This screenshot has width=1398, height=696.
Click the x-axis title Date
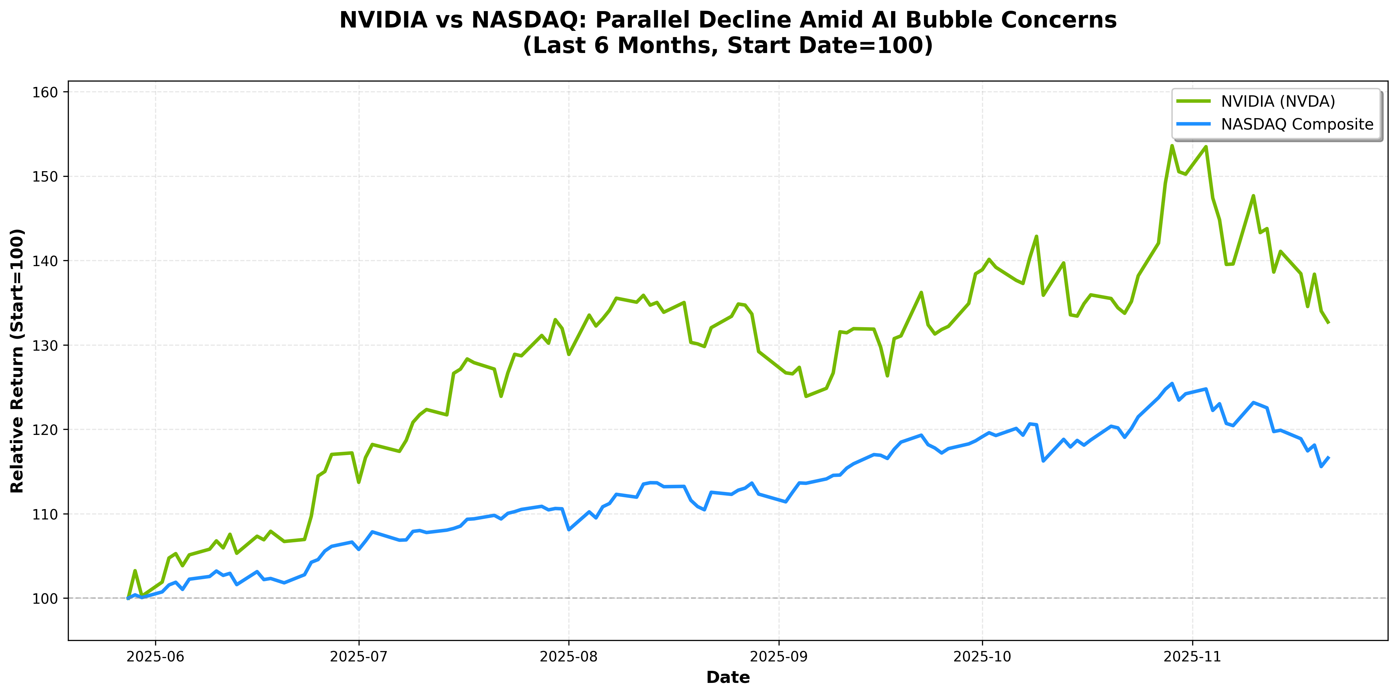[x=728, y=678]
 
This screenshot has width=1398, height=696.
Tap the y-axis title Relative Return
[x=17, y=361]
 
